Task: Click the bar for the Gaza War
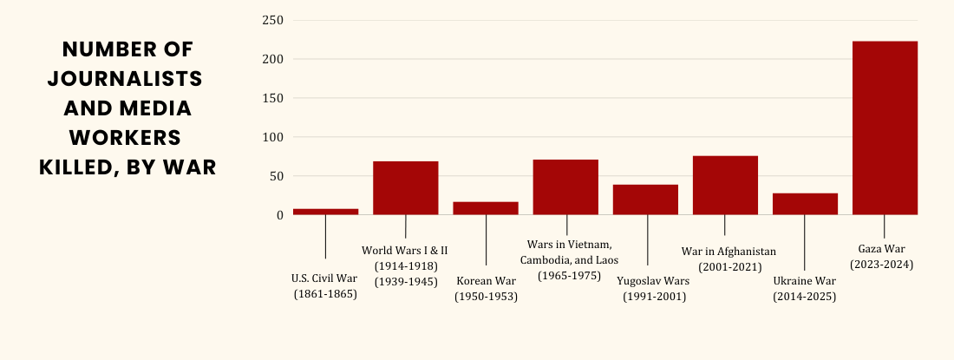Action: (885, 128)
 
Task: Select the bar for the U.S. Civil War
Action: (325, 211)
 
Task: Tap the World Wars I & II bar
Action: (405, 187)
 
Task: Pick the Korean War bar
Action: (486, 208)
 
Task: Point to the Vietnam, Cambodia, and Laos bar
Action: (565, 187)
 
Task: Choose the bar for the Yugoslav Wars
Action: (645, 200)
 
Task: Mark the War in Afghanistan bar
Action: (725, 185)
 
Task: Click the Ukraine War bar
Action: (805, 204)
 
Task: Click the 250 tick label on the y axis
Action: (273, 20)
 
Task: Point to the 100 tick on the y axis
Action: (273, 137)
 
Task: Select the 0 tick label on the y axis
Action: (279, 215)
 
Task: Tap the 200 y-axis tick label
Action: (273, 59)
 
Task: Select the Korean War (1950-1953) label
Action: (486, 289)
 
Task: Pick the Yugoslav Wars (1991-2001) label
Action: (654, 289)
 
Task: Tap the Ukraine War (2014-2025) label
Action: (804, 289)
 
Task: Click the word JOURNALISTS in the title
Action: (125, 79)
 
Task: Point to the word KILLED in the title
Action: (82, 167)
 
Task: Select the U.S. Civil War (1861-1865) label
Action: (325, 286)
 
